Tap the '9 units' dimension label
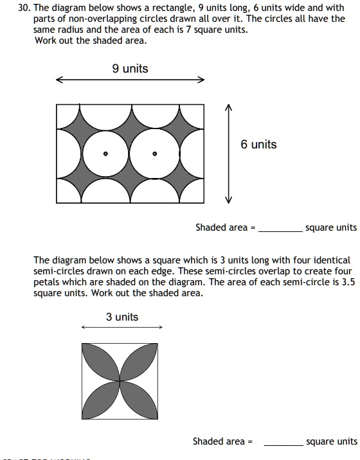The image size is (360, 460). (x=130, y=69)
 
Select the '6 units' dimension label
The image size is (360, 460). (x=258, y=145)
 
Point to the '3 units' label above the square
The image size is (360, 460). (x=122, y=317)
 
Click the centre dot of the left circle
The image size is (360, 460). (x=106, y=154)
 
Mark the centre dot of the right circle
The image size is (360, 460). (x=154, y=154)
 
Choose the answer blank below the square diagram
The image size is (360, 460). (x=283, y=443)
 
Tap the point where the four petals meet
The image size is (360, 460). (x=120, y=380)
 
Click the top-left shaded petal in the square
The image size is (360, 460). (x=101, y=362)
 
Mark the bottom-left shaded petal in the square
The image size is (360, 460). (x=101, y=399)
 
